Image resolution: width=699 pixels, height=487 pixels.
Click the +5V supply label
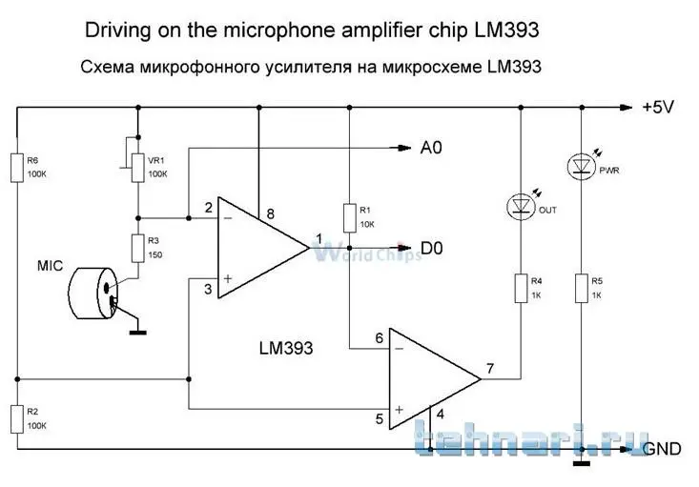(657, 108)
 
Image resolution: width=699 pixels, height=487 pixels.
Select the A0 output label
(432, 148)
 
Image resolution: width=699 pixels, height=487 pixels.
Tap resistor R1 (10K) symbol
(350, 217)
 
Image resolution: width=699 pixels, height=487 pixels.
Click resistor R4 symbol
(521, 288)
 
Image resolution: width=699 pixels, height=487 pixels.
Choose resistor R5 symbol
(581, 288)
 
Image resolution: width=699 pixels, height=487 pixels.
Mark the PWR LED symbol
(581, 168)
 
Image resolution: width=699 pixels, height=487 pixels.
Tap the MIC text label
(50, 266)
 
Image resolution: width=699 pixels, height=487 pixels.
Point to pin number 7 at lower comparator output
(489, 368)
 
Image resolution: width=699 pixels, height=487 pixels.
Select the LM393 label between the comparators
(286, 349)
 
